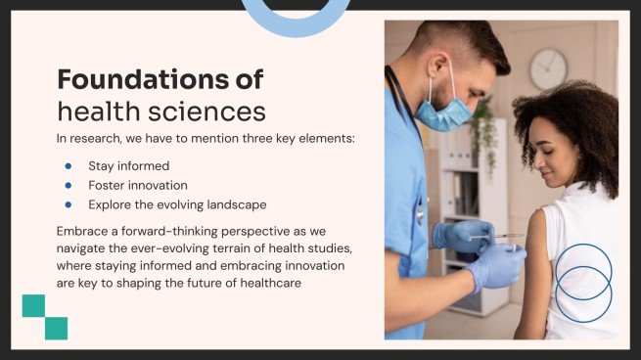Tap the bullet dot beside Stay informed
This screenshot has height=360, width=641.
tap(68, 165)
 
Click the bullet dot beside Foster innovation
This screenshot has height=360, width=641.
tap(68, 185)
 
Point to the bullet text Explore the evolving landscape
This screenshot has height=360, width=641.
tap(177, 204)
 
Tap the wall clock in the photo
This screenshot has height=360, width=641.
tap(548, 68)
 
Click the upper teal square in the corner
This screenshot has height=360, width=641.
tap(34, 305)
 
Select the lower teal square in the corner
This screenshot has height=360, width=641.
tap(56, 328)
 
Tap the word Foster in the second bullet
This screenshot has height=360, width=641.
tap(106, 185)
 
